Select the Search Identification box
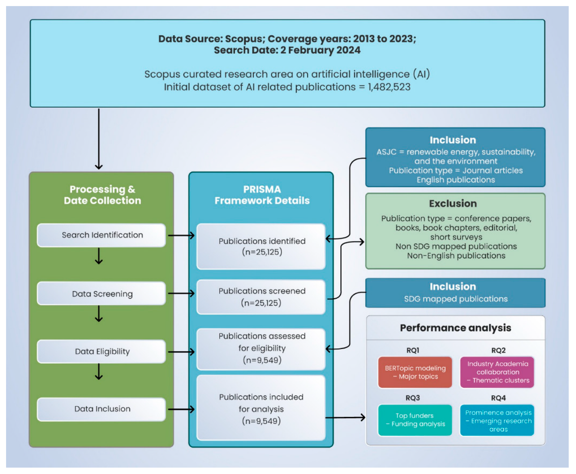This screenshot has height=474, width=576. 101,235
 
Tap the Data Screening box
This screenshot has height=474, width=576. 101,294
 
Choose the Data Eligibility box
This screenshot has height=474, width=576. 101,351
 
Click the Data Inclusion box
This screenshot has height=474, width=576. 101,409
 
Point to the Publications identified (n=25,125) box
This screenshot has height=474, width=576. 261,246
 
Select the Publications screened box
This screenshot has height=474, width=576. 261,297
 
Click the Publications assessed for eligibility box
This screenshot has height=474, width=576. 261,348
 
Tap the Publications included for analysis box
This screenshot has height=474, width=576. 261,408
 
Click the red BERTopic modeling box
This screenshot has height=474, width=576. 415,372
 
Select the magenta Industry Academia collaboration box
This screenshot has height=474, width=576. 497,372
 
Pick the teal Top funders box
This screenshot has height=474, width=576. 415,420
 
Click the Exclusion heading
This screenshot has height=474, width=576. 453,203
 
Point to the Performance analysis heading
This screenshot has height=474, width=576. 455,328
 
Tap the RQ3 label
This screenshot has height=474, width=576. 413,398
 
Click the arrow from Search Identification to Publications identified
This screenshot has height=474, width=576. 181,235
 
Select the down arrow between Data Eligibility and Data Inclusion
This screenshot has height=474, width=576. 99,372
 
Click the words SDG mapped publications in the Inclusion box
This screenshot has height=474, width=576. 456,299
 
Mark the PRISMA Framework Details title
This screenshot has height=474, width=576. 262,195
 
